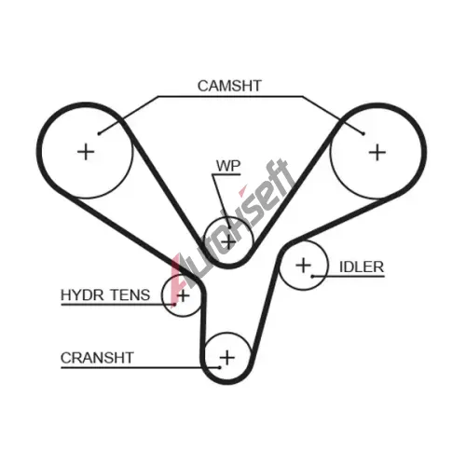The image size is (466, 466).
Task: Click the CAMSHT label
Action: [x=229, y=86]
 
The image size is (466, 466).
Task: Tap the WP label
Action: [x=228, y=166]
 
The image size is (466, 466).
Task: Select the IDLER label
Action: [x=362, y=267]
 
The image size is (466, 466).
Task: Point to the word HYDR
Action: [x=82, y=295]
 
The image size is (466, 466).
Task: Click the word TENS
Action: [x=130, y=295]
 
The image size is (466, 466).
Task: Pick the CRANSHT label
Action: [x=97, y=358]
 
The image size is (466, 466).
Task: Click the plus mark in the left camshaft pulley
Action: [x=86, y=152]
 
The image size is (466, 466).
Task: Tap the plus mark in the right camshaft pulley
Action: [x=377, y=153]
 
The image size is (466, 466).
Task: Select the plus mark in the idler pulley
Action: [x=303, y=266]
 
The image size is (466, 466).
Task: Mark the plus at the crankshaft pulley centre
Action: [x=227, y=358]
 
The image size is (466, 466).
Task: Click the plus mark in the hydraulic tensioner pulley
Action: [x=184, y=295]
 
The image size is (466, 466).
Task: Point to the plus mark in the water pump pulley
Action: [x=228, y=241]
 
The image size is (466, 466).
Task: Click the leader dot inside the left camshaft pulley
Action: [x=99, y=133]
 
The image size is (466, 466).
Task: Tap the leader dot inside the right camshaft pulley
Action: [x=363, y=134]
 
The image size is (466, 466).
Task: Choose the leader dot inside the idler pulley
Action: [x=313, y=276]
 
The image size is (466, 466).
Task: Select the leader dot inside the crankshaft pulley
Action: [x=220, y=367]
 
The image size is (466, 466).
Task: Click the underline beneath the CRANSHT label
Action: [x=141, y=367]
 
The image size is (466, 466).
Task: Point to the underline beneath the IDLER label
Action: [x=349, y=276]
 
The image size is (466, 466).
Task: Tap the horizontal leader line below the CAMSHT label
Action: [x=230, y=96]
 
